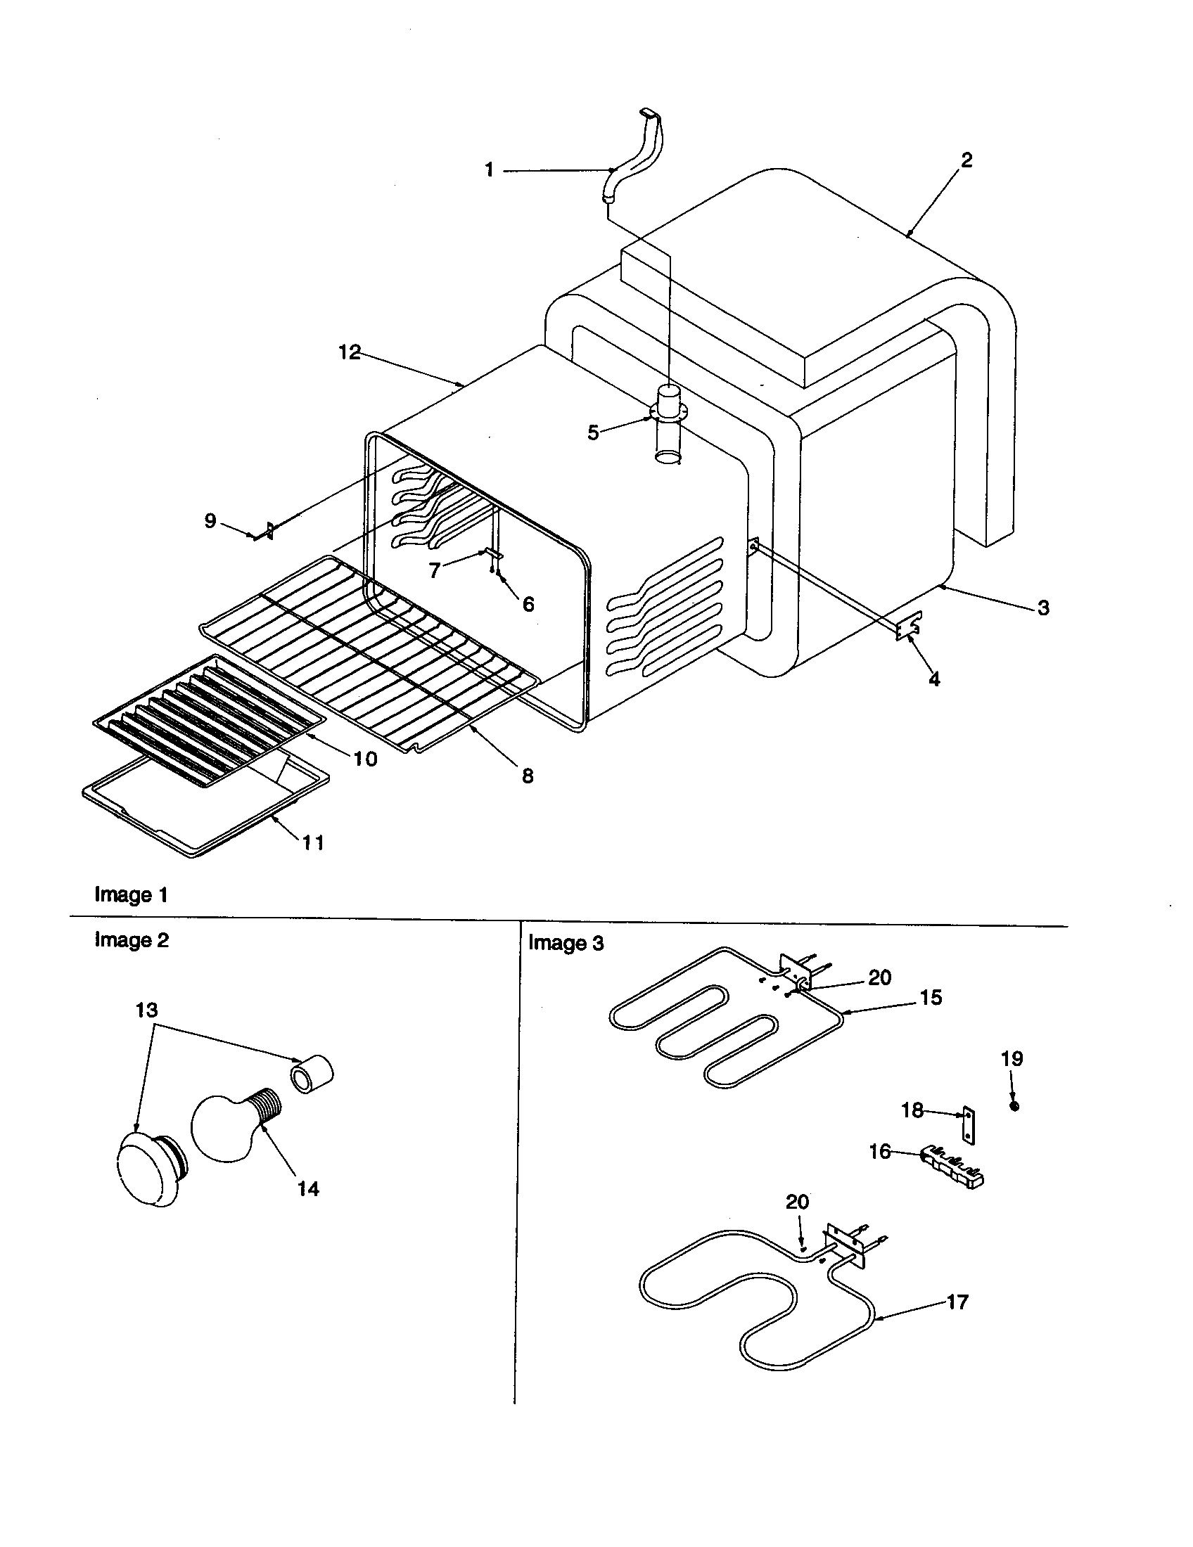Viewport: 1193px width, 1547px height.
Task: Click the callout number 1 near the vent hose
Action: click(489, 170)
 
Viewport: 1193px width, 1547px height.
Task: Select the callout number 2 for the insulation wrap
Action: click(966, 160)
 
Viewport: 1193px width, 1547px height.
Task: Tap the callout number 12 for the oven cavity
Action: click(350, 352)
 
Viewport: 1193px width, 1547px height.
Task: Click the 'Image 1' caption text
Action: click(131, 894)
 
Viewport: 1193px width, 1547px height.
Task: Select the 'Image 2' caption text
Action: click(131, 940)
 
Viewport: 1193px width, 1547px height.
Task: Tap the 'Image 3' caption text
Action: click(566, 943)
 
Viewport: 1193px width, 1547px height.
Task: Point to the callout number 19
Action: click(1012, 1059)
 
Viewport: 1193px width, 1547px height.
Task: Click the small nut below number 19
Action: click(1014, 1106)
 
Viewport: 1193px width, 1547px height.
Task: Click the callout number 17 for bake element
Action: click(957, 1302)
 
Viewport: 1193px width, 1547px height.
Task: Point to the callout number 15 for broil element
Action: click(931, 997)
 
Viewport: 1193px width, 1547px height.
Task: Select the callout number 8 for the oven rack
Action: click(527, 776)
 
